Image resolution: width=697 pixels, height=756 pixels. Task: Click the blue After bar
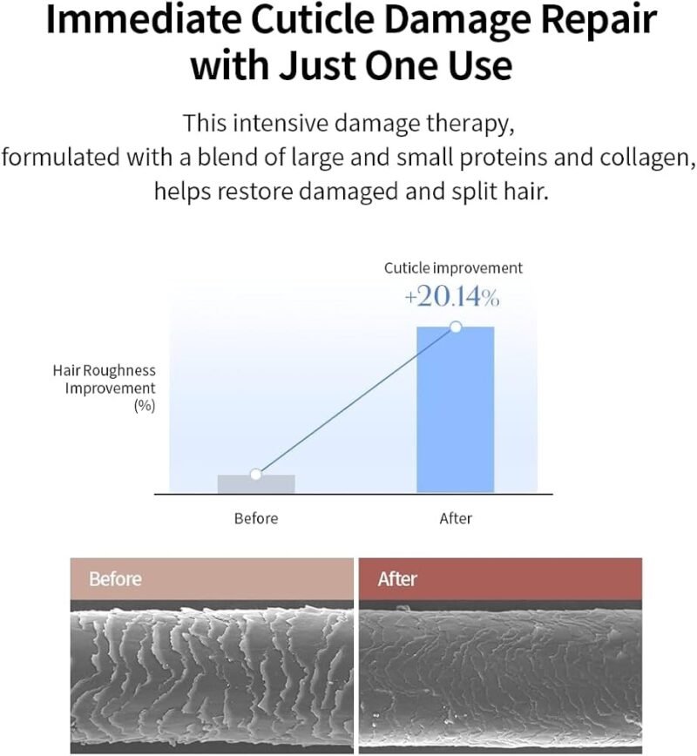pos(456,410)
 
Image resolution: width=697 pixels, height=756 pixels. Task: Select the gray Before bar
pos(256,484)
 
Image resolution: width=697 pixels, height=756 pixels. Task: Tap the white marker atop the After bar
pos(456,327)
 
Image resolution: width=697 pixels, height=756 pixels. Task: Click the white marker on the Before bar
pos(255,475)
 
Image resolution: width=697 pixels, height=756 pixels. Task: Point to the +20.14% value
pos(451,296)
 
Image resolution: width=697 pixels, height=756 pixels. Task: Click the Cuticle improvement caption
pos(453,268)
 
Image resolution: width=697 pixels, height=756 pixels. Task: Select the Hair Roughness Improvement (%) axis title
pos(105,388)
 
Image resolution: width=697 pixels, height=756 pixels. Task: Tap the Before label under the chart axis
pos(256,519)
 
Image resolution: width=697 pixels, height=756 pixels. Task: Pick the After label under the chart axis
pos(456,519)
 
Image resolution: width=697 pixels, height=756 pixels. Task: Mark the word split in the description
pos(474,192)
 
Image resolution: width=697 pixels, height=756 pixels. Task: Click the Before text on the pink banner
pos(115,579)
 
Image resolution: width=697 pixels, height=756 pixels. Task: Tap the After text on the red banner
pos(397,579)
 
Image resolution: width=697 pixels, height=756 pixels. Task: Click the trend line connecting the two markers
pos(355,402)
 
